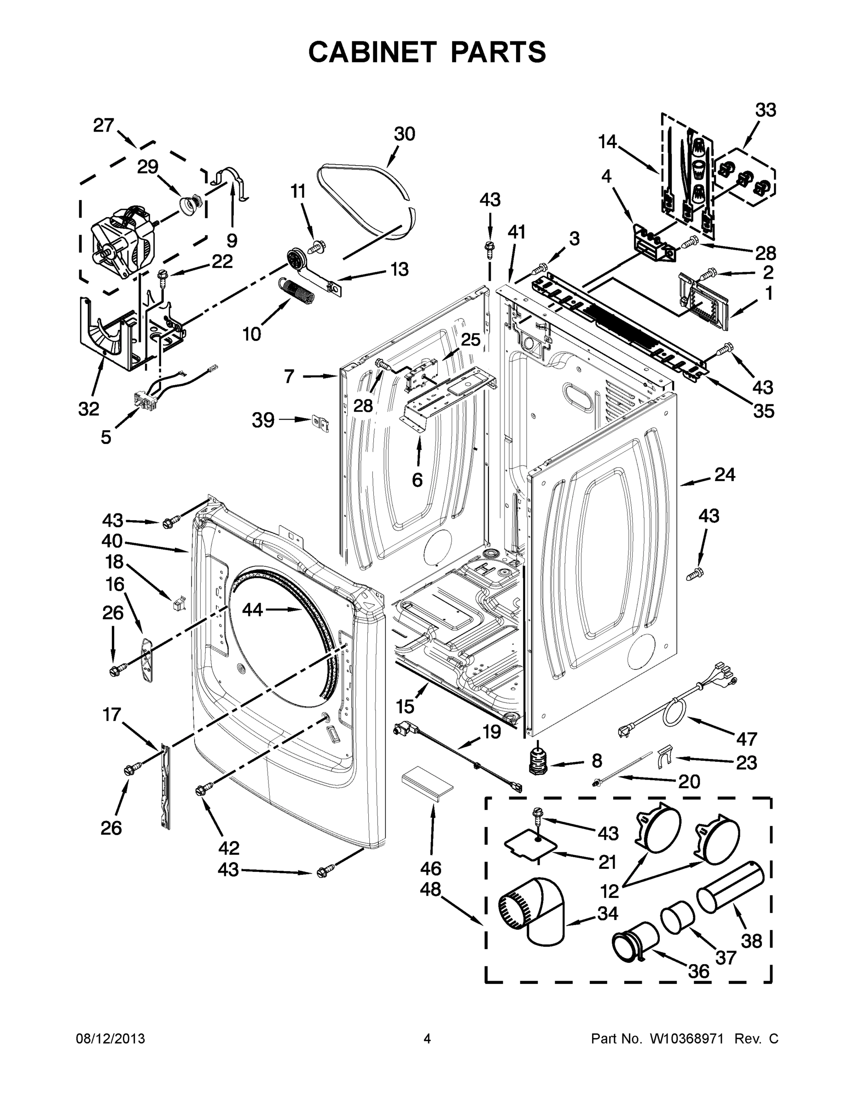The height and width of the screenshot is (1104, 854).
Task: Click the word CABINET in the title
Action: (372, 52)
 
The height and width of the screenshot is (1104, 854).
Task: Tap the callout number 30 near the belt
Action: (404, 134)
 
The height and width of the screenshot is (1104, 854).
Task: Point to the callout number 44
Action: (252, 610)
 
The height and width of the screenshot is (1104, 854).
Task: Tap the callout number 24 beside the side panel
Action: (725, 475)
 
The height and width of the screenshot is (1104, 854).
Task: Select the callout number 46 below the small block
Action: (430, 868)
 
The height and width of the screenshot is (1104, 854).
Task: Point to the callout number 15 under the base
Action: (405, 706)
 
